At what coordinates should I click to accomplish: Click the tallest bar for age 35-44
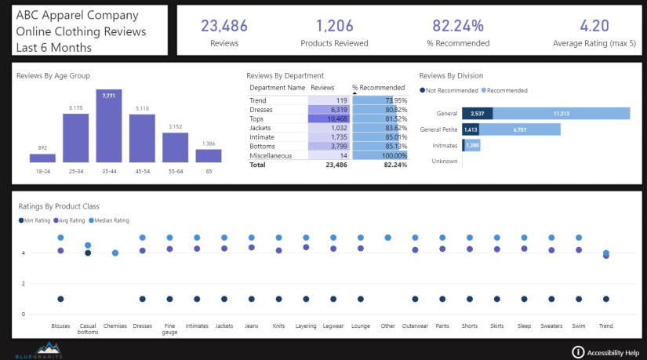coord(109,125)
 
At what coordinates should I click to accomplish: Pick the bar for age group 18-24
coord(42,157)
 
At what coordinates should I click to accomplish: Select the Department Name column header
coord(276,88)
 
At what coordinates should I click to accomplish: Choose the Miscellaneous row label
coord(271,155)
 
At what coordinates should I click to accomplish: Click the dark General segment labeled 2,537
coord(477,114)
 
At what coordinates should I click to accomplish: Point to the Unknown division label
coord(445,162)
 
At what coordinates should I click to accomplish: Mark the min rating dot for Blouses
coord(60,299)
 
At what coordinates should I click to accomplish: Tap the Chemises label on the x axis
coord(115,325)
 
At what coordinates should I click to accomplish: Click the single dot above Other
coord(387,238)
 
